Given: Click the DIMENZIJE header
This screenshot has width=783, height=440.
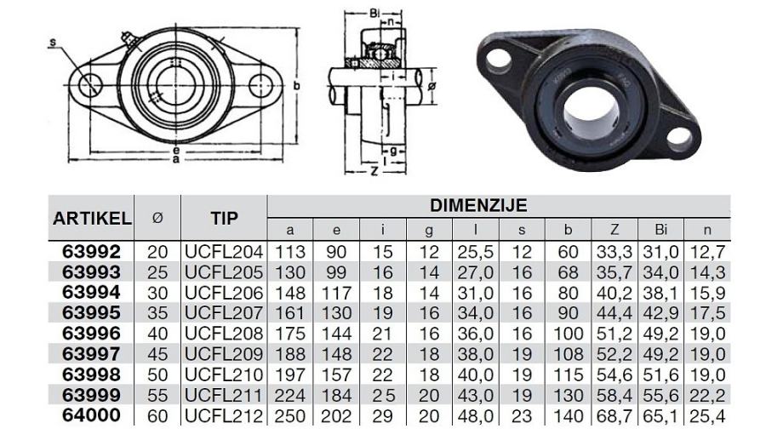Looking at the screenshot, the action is [478, 205].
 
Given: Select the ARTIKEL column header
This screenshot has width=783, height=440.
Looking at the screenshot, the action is [92, 218].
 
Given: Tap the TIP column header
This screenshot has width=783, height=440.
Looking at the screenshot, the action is [224, 218].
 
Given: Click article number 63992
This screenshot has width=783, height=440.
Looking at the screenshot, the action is [91, 251].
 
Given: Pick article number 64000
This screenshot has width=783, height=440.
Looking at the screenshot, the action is [91, 415].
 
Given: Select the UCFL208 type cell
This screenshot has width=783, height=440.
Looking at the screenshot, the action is [224, 334].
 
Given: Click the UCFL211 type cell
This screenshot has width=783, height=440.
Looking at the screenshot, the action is [224, 396].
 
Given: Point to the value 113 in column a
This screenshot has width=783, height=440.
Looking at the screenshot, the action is [290, 252].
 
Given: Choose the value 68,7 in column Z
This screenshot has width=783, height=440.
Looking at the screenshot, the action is [614, 416].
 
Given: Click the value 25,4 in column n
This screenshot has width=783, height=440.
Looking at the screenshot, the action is [707, 416].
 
